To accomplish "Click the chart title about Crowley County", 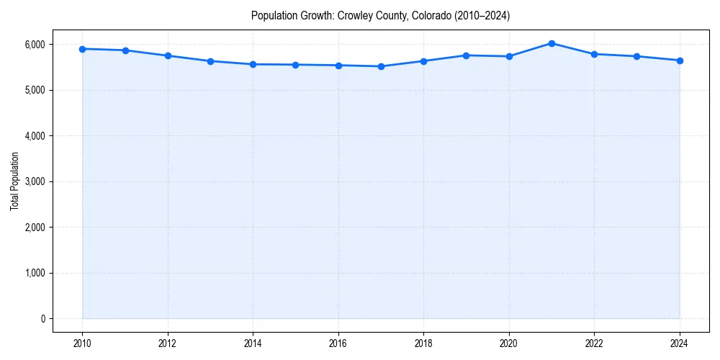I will (x=380, y=15).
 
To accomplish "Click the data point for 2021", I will (x=552, y=43).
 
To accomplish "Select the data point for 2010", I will (x=83, y=49).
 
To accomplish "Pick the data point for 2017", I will (x=381, y=66).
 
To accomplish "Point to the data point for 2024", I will (x=680, y=60).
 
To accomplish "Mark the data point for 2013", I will (x=210, y=61).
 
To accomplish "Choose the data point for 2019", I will (x=467, y=55).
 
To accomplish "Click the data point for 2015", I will (x=296, y=65).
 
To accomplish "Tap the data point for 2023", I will (x=637, y=56).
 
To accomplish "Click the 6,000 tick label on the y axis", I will (x=34, y=45).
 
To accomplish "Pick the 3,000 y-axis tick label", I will (x=34, y=181).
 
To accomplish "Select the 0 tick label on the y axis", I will (x=42, y=319).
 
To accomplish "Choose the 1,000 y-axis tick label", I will (x=34, y=273).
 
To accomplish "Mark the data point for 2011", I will (x=125, y=50).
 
